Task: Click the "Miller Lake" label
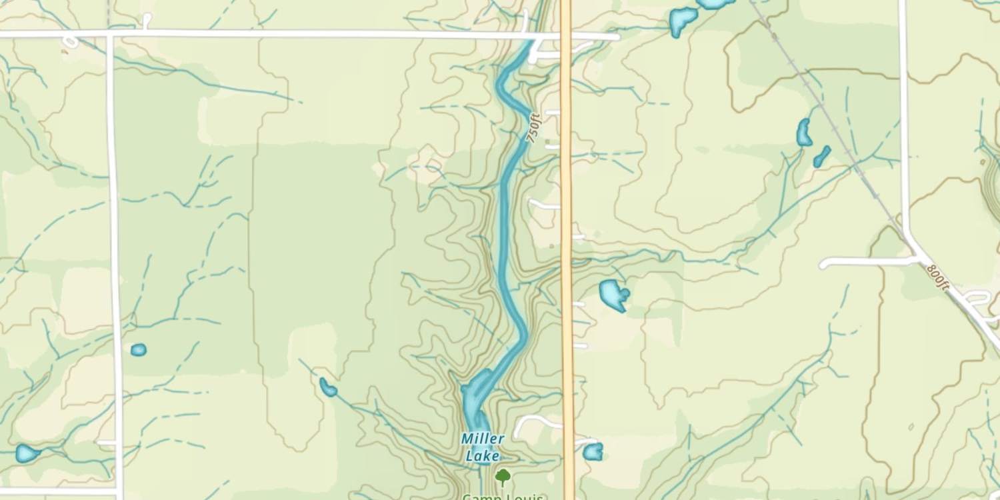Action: pyautogui.click(x=483, y=447)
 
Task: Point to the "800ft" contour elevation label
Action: pyautogui.click(x=937, y=277)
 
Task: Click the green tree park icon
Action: pyautogui.click(x=503, y=477)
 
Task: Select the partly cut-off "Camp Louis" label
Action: pyautogui.click(x=503, y=496)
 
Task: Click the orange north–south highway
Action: pyautogui.click(x=567, y=200)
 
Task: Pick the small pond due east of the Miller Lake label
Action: pyautogui.click(x=593, y=451)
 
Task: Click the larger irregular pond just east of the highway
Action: pyautogui.click(x=613, y=294)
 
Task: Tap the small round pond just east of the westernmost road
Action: pyautogui.click(x=138, y=349)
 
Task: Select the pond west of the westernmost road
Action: pyautogui.click(x=27, y=453)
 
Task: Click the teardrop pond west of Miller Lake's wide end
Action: pyautogui.click(x=327, y=387)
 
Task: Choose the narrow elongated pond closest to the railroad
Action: pyautogui.click(x=822, y=157)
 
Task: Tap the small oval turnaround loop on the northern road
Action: pyautogui.click(x=70, y=43)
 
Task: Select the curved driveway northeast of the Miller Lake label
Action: pyautogui.click(x=537, y=421)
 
